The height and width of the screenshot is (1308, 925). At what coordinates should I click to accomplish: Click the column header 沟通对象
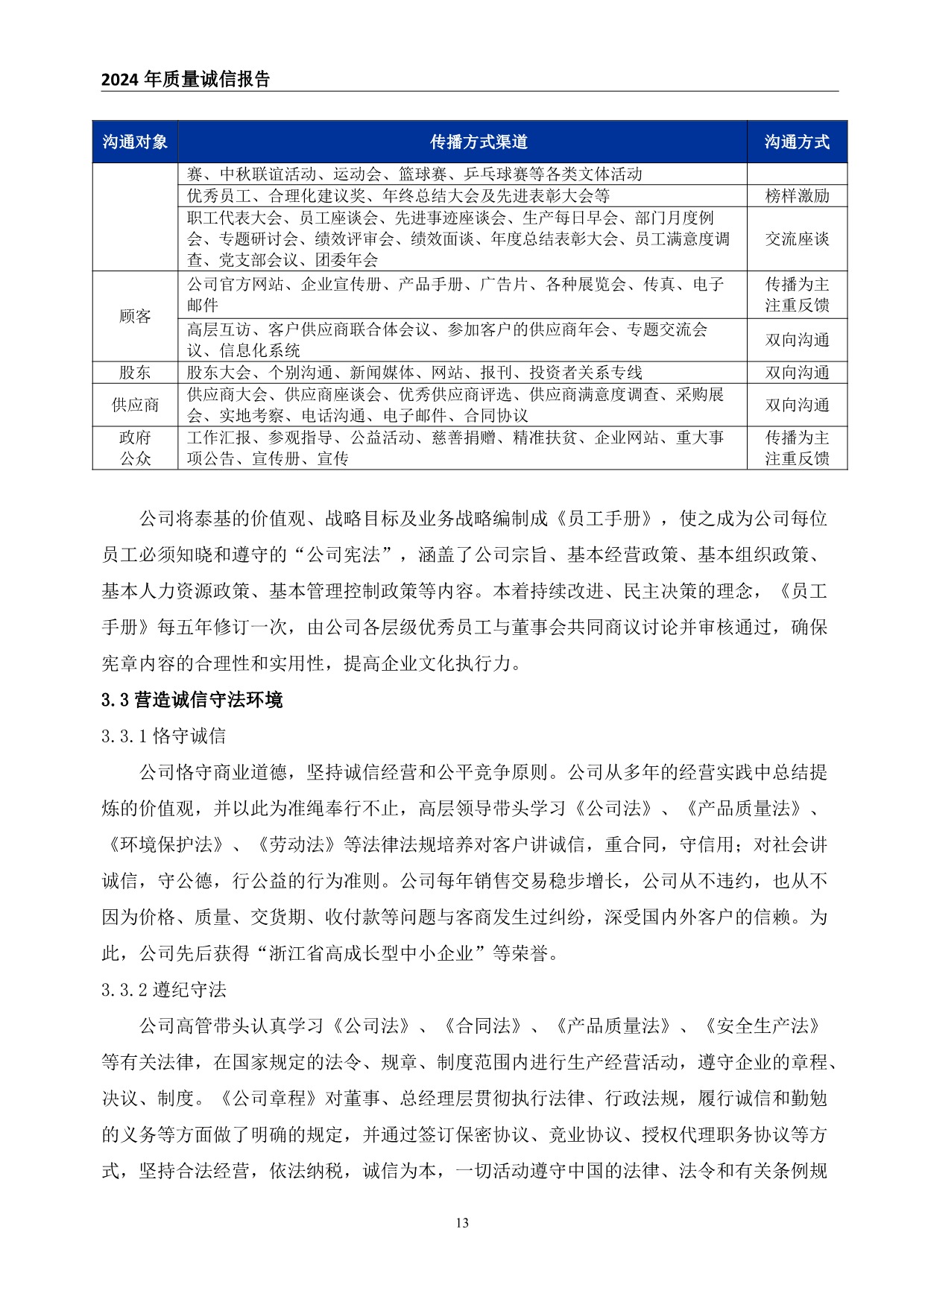[x=135, y=142]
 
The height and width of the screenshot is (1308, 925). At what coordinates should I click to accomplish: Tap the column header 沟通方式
[x=797, y=142]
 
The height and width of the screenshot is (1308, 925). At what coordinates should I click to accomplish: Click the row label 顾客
[x=135, y=316]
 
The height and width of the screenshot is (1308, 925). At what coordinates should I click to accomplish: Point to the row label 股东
[x=135, y=373]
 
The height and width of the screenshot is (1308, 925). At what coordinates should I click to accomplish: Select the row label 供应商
[x=135, y=405]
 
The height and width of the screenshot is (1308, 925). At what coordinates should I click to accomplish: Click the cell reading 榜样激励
[x=797, y=196]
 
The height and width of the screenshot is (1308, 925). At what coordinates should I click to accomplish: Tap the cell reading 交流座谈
[x=797, y=239]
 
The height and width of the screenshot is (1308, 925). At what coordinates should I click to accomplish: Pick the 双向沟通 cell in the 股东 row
[x=797, y=373]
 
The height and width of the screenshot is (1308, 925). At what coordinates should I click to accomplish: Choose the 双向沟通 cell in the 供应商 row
[x=797, y=405]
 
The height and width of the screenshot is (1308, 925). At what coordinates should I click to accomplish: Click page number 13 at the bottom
[x=462, y=1222]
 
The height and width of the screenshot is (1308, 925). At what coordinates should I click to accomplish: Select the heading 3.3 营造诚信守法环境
[x=192, y=700]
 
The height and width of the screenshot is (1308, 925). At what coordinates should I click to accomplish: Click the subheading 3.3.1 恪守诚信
[x=164, y=736]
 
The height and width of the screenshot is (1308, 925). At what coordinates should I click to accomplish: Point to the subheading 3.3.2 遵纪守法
[x=164, y=990]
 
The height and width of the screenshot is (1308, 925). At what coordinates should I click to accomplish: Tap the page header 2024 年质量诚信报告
[x=186, y=80]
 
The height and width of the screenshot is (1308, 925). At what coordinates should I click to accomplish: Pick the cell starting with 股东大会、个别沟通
[x=414, y=373]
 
